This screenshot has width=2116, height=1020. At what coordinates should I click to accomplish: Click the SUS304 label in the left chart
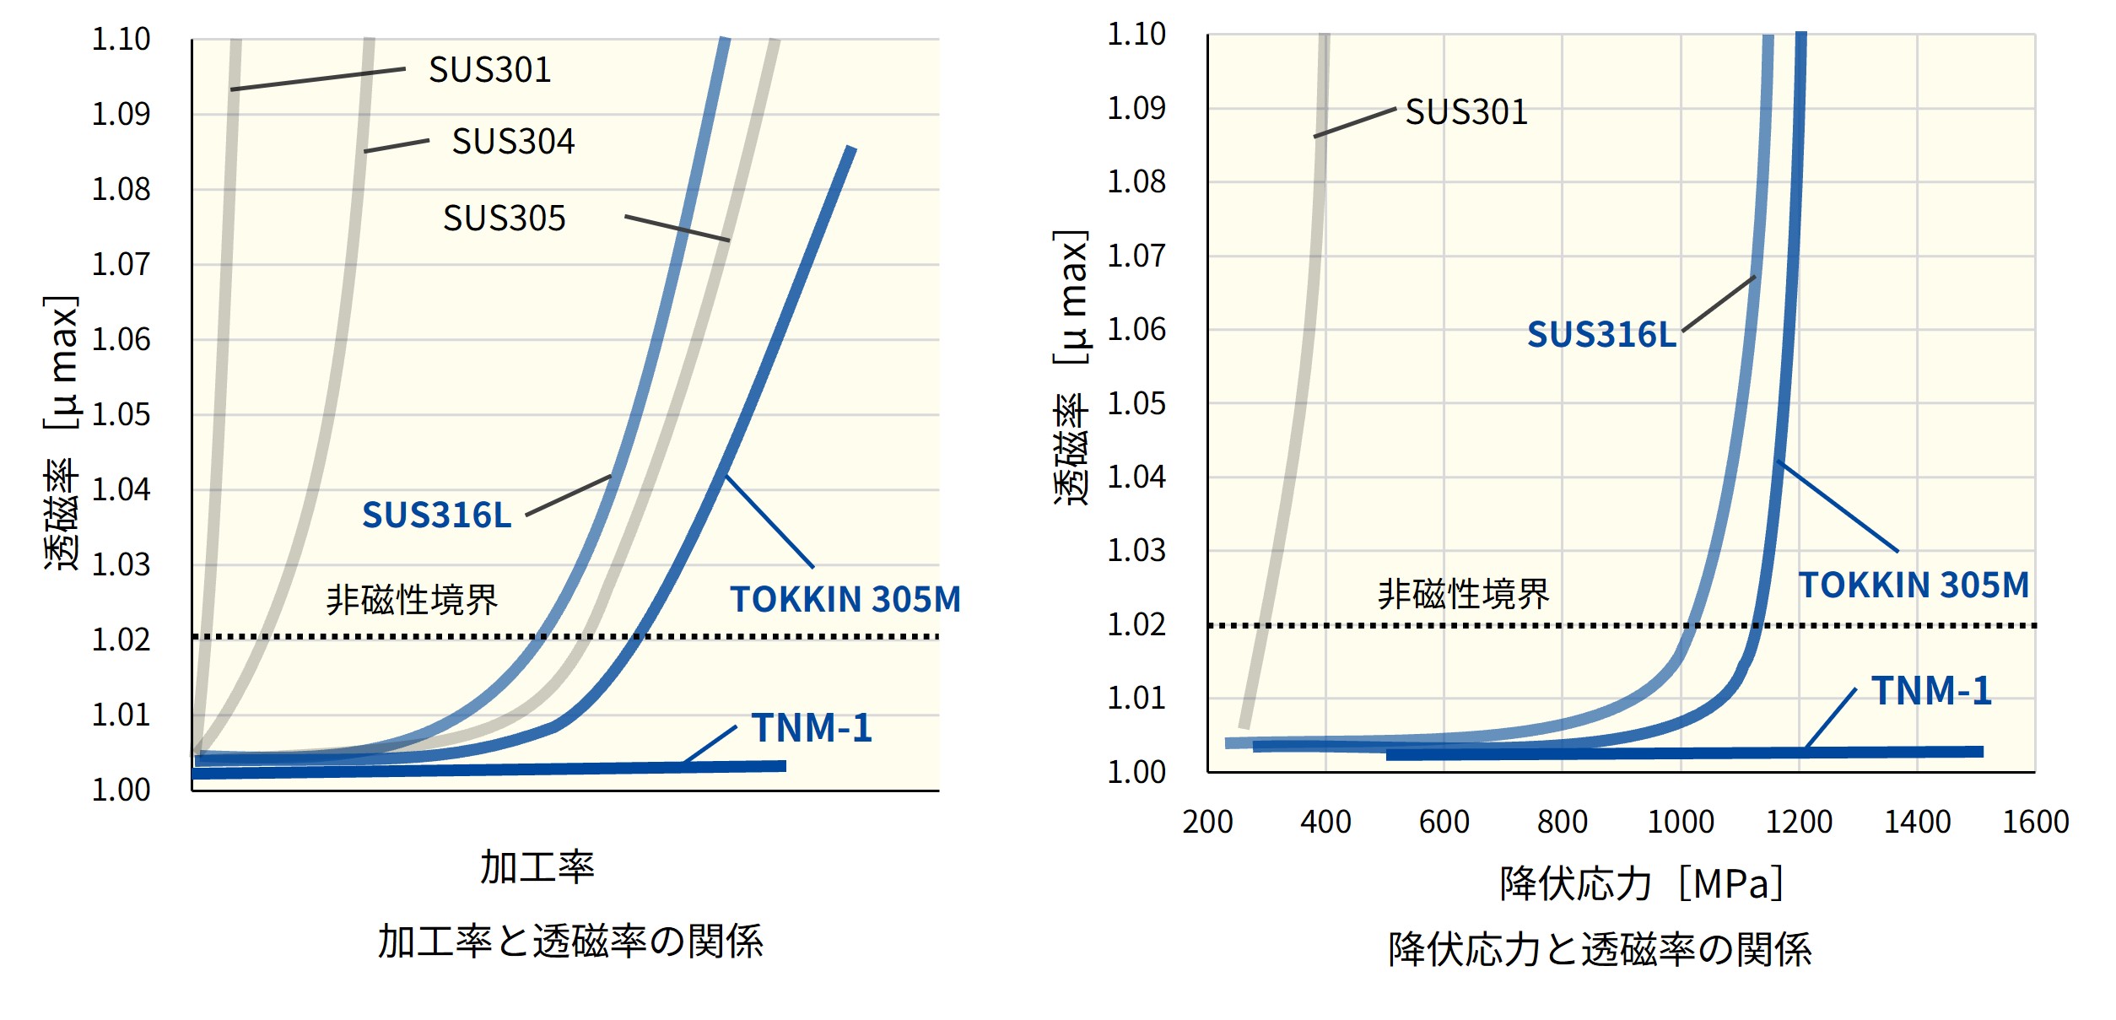pyautogui.click(x=513, y=141)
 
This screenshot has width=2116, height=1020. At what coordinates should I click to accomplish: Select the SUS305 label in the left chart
pyautogui.click(x=504, y=218)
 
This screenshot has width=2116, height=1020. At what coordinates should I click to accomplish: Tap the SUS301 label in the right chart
pyautogui.click(x=1466, y=111)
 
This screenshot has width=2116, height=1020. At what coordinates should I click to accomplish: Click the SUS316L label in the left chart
pyautogui.click(x=436, y=515)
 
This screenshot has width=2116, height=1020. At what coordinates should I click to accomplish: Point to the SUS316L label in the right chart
pyautogui.click(x=1600, y=334)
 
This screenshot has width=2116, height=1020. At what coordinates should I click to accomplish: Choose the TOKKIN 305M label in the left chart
pyautogui.click(x=845, y=599)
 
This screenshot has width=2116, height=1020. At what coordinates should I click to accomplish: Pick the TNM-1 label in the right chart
pyautogui.click(x=1931, y=690)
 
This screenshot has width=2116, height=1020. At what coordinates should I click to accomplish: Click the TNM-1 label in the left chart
pyautogui.click(x=812, y=727)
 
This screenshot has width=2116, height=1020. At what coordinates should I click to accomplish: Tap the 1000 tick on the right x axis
pyautogui.click(x=1680, y=822)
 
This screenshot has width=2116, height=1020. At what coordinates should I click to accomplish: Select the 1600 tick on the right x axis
pyautogui.click(x=2035, y=822)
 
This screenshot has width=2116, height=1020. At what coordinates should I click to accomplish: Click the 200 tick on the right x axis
pyautogui.click(x=1207, y=822)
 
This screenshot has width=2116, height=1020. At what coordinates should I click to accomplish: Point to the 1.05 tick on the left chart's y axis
pyautogui.click(x=121, y=414)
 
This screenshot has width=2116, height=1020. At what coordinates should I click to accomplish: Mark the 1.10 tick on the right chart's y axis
pyautogui.click(x=1136, y=34)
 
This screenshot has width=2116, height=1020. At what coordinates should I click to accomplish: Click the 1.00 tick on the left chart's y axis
pyautogui.click(x=121, y=790)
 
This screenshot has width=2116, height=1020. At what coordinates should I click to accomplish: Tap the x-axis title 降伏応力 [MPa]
pyautogui.click(x=1640, y=884)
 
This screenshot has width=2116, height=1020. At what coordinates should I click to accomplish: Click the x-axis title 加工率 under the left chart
pyautogui.click(x=537, y=867)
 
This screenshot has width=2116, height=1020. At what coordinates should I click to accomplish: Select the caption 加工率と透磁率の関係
pyautogui.click(x=569, y=942)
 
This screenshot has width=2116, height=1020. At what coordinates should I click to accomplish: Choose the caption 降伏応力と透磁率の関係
pyautogui.click(x=1599, y=949)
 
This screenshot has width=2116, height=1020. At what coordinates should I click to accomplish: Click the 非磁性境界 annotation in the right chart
pyautogui.click(x=1463, y=594)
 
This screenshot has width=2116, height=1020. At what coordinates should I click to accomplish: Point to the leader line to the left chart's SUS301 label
pyautogui.click(x=318, y=78)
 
